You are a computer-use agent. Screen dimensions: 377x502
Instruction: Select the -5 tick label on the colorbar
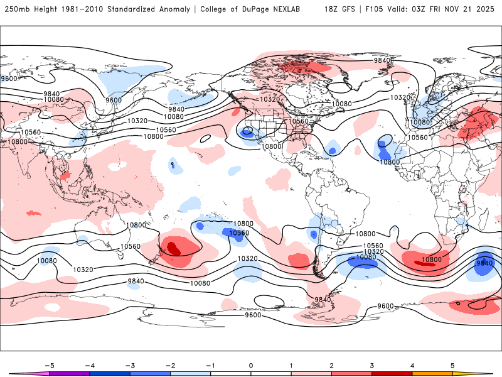pos(50,364)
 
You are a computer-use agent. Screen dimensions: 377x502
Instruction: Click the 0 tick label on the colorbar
pos(251,364)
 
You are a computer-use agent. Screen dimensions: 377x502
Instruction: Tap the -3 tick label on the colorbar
pos(130,364)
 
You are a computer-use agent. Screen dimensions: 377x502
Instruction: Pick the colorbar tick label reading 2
pos(331,364)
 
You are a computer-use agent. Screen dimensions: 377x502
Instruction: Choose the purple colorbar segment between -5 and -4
pos(70,373)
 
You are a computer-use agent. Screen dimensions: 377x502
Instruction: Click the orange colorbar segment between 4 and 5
pos(432,373)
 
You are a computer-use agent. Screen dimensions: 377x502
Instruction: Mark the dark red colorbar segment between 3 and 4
pos(392,373)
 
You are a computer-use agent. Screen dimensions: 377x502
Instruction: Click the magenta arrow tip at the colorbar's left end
pos(19,373)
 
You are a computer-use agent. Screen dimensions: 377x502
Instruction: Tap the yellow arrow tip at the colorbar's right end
pos(483,373)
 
